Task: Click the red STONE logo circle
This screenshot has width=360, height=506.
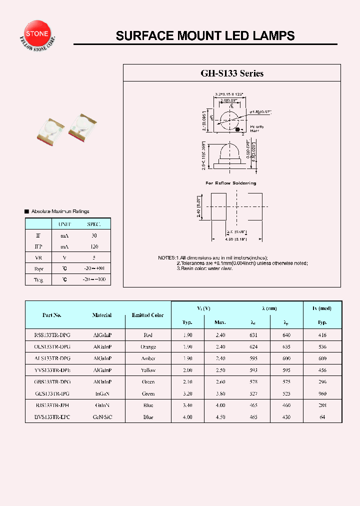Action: point(37,33)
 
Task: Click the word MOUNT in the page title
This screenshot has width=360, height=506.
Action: point(193,36)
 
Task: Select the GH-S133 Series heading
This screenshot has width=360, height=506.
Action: point(232,73)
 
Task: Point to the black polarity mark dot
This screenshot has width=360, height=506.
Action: point(238,130)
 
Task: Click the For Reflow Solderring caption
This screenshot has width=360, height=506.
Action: point(231,183)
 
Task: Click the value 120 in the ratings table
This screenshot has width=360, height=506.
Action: point(94,246)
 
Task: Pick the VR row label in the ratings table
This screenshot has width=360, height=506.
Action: point(38,258)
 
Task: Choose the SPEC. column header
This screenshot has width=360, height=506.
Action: point(94,224)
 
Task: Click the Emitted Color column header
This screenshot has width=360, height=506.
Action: point(147,315)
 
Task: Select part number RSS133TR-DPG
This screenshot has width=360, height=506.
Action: point(56,335)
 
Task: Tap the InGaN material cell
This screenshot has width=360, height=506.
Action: point(102,393)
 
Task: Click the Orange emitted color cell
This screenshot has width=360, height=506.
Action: point(148,347)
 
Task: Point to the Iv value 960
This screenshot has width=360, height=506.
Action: point(322,393)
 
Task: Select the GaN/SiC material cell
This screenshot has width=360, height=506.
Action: point(102,417)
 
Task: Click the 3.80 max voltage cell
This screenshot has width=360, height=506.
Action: point(220,393)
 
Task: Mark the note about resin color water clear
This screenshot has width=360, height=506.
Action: point(205,268)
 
